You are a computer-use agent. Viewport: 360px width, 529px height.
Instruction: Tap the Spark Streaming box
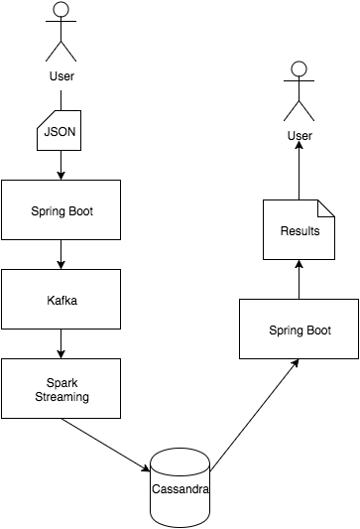point(60,388)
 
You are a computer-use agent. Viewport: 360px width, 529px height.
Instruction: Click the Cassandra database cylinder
point(180,487)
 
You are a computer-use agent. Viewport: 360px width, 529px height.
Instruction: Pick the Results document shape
point(300,230)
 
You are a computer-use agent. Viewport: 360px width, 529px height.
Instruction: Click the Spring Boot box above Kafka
point(60,209)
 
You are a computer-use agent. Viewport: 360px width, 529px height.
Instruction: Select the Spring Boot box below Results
point(300,330)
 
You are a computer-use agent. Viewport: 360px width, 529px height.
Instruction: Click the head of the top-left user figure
point(61,11)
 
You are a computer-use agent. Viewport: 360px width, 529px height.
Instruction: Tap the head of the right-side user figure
point(299,70)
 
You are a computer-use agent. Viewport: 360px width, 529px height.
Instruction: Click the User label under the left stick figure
point(61,75)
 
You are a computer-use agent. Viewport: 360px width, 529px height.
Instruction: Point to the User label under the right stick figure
point(300,135)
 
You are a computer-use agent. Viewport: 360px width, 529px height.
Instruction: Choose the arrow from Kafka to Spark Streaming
point(60,343)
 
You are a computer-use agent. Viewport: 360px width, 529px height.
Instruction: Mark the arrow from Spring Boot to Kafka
point(60,254)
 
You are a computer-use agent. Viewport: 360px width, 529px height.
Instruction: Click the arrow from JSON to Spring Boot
point(60,165)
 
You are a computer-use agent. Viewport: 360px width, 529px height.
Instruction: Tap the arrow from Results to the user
point(299,172)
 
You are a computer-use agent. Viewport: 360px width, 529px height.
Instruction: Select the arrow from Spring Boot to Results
point(299,281)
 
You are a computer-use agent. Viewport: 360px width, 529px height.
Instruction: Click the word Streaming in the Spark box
point(60,396)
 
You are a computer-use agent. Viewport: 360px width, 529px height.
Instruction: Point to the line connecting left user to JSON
point(61,100)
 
